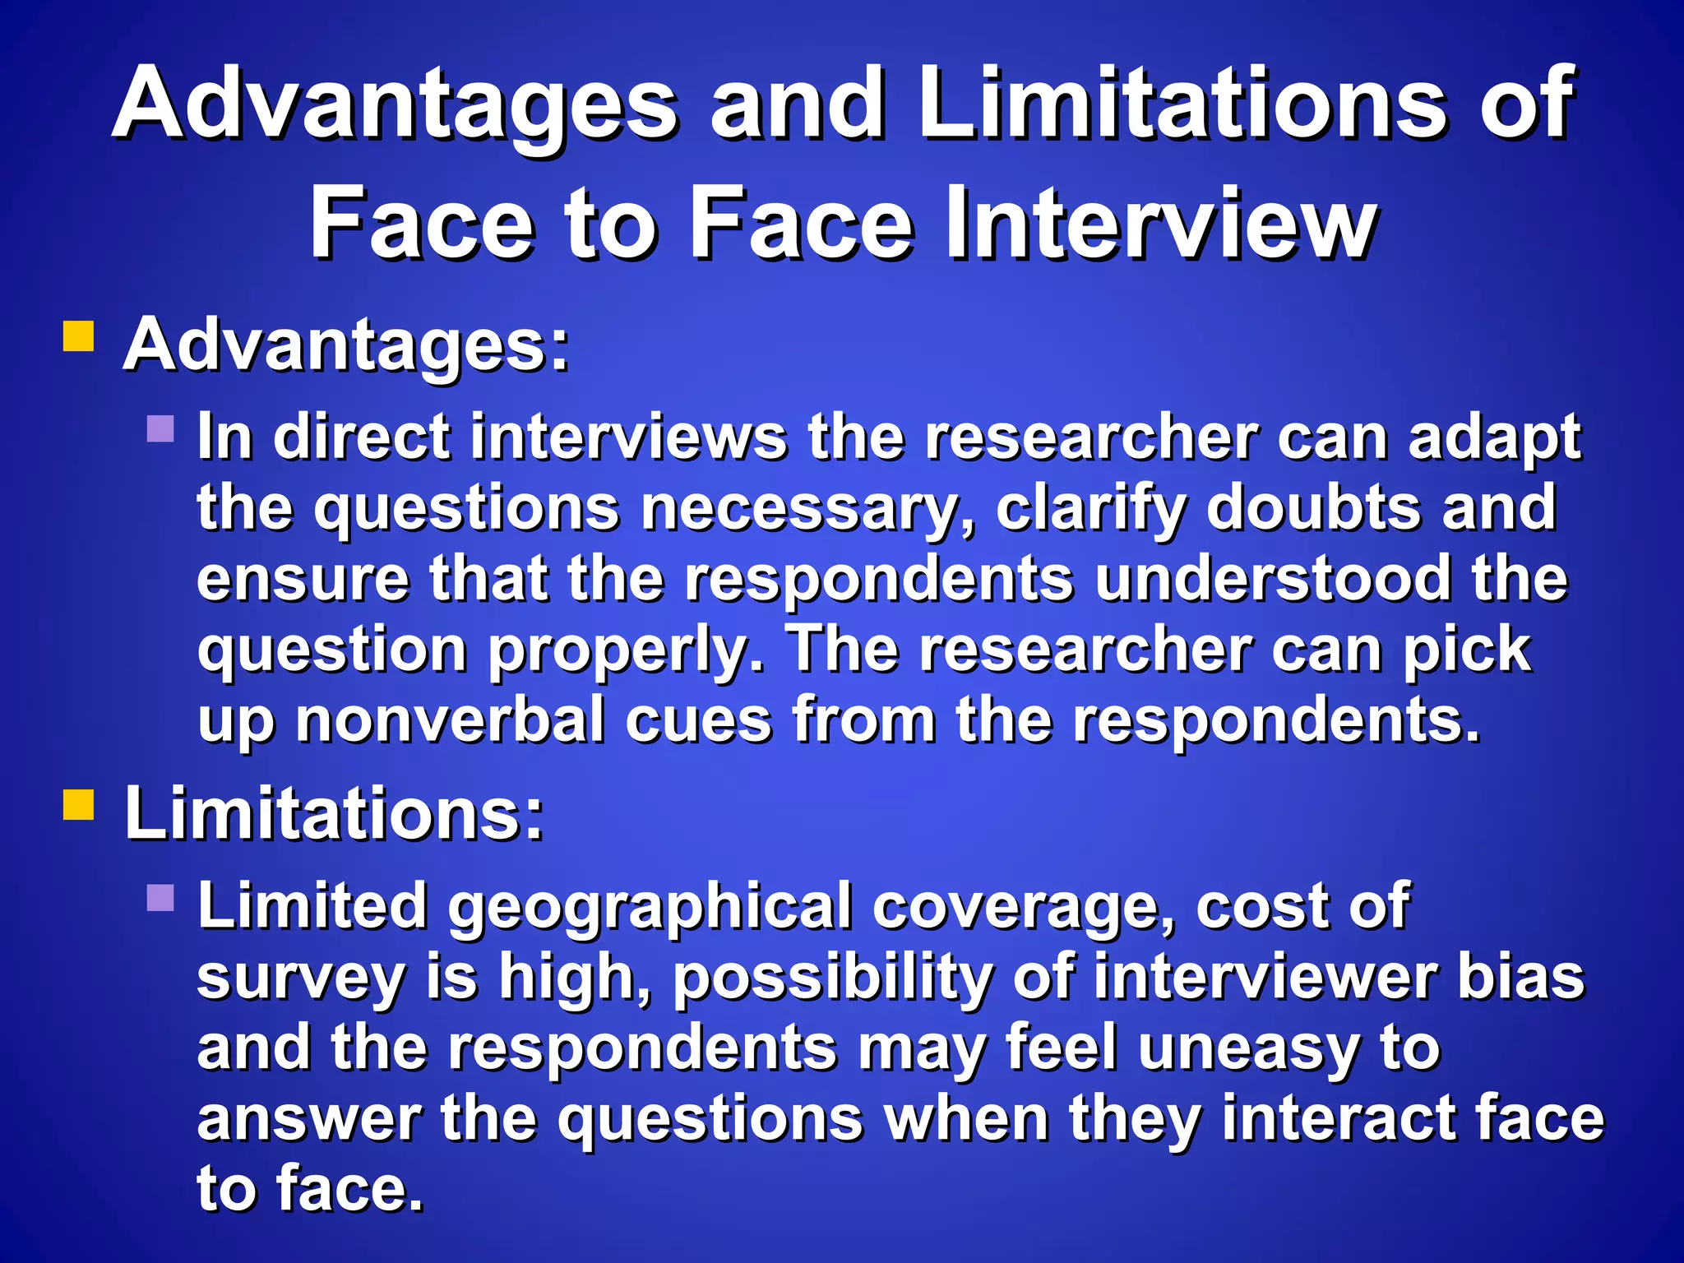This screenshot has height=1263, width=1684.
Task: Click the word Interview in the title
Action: pyautogui.click(x=1161, y=224)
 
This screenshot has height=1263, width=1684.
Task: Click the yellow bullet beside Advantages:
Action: pyautogui.click(x=79, y=336)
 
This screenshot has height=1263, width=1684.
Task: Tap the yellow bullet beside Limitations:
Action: pyautogui.click(x=79, y=805)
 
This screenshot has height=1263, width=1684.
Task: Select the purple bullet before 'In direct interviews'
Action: pyautogui.click(x=161, y=428)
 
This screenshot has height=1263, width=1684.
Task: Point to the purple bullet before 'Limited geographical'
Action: pyautogui.click(x=161, y=897)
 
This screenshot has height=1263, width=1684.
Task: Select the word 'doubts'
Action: pyautogui.click(x=1313, y=507)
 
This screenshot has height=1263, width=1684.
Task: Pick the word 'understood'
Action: pyautogui.click(x=1273, y=579)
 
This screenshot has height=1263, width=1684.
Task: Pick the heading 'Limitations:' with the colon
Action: pyautogui.click(x=334, y=814)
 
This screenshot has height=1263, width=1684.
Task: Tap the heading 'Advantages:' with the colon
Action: pyautogui.click(x=346, y=346)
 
